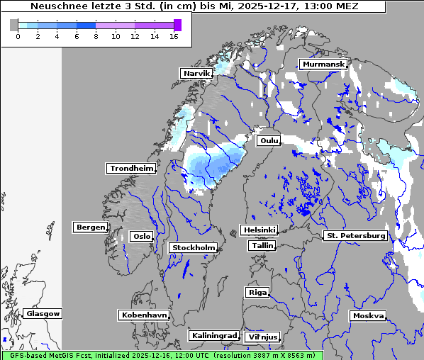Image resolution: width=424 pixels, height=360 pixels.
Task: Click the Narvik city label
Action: [x=197, y=73]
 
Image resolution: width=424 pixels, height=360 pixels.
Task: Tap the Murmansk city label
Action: [x=323, y=64]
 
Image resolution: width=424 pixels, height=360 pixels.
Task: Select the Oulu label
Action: [x=269, y=140]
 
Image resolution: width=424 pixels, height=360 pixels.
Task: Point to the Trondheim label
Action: [x=131, y=168]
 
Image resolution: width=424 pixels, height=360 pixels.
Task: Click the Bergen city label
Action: [x=89, y=227]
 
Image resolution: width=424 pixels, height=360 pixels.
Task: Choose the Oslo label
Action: [x=141, y=236]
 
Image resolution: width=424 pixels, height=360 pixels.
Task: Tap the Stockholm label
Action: [x=193, y=247]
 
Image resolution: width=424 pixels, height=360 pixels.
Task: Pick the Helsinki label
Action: [x=258, y=230]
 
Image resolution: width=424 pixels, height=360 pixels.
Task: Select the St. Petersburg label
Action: [x=355, y=235]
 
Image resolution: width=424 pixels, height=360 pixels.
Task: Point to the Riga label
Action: [x=257, y=292]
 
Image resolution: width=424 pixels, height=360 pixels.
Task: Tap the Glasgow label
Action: [x=43, y=313]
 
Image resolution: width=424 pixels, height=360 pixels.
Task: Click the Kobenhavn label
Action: [x=144, y=315]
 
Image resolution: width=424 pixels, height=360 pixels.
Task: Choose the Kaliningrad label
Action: [x=214, y=335]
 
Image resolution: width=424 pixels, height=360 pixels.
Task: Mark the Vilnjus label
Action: [x=262, y=337]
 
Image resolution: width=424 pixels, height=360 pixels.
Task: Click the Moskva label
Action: [x=368, y=315]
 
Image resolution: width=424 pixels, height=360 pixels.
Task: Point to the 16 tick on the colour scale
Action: [x=173, y=35]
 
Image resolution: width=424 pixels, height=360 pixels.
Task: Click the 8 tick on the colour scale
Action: [x=96, y=35]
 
